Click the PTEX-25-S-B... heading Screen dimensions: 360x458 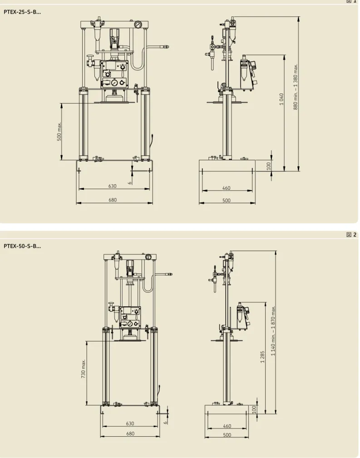pos(22,12)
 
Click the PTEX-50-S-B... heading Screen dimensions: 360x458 pos(22,246)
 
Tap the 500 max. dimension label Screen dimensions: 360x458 pos(59,131)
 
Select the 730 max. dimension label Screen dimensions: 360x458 pos(84,369)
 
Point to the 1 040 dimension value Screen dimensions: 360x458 pos(281,99)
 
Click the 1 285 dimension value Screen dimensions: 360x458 pos(262,357)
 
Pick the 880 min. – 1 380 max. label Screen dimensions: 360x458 pos(296,87)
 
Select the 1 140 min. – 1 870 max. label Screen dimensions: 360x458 pos(273,330)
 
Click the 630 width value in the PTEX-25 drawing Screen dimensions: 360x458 pos(113,186)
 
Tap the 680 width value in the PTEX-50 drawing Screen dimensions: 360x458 pos(130,434)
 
